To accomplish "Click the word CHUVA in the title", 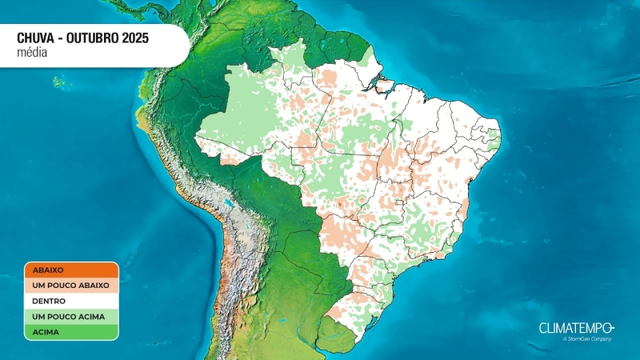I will tap(37, 38).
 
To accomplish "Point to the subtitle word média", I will tap(32, 52).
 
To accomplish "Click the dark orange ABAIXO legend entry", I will tap(70, 270).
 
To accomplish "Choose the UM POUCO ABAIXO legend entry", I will tap(70, 285).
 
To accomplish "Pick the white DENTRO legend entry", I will tap(70, 301).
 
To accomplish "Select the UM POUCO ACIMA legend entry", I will tap(70, 316).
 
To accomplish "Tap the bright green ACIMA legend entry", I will tap(70, 331).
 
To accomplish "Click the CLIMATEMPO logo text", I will tap(575, 328).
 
